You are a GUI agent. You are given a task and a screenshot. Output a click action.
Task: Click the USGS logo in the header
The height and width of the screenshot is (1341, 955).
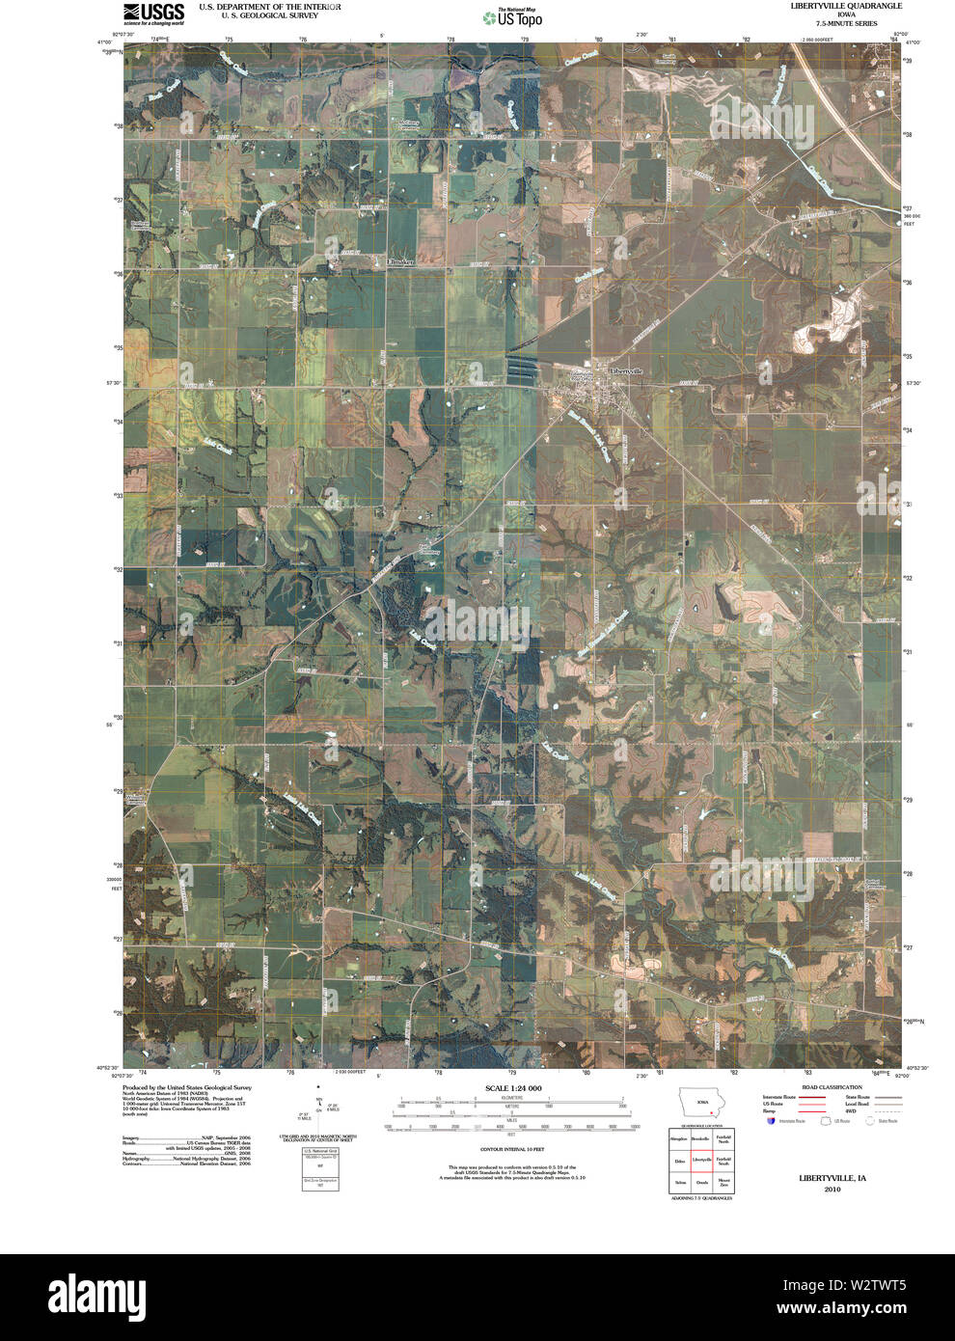(x=153, y=13)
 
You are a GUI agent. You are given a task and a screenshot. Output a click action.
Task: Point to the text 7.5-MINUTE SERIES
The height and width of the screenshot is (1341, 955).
(x=845, y=22)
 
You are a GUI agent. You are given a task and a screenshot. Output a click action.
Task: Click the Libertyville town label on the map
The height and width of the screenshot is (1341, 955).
(x=625, y=370)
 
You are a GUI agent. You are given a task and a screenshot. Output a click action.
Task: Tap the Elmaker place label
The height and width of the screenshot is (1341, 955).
(x=398, y=261)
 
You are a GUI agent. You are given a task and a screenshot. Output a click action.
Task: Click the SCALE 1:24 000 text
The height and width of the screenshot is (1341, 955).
(x=513, y=1088)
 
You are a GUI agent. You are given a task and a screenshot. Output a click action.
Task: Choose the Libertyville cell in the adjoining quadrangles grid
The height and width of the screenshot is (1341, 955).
(x=701, y=1161)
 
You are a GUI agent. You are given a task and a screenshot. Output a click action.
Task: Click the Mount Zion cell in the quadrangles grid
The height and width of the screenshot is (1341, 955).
(x=723, y=1182)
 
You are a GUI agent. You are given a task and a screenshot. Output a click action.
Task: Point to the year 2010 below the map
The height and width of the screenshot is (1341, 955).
(x=832, y=1190)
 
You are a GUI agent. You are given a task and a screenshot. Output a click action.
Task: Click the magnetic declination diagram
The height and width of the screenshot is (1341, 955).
(x=320, y=1118)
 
